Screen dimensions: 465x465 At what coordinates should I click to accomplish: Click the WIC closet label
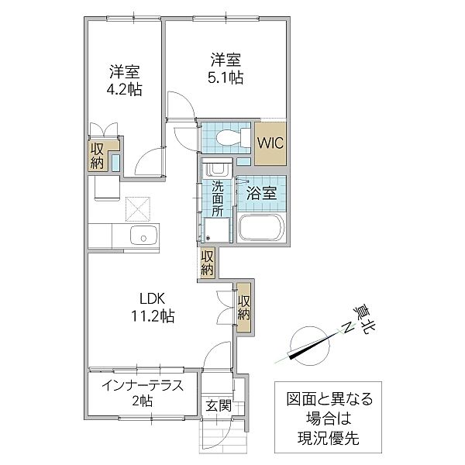point(271,143)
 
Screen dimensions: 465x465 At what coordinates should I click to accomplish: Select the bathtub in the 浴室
point(261,228)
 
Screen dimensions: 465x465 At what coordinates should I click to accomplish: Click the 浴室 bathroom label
point(262,193)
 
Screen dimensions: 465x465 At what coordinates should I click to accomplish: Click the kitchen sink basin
point(143,238)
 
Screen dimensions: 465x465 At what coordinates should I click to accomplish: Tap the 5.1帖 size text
point(226,77)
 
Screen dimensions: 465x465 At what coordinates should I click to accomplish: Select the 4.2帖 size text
point(123,91)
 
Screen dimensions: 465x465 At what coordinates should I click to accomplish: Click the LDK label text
point(153,298)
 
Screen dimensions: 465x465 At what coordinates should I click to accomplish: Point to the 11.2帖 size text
point(153,316)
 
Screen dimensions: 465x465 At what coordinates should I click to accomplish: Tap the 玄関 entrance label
point(218,405)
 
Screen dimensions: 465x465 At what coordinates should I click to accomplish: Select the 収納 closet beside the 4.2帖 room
point(98,155)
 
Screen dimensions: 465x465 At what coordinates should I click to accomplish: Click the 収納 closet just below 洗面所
point(208,263)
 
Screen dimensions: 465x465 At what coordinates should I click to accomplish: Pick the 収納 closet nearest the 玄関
point(244,307)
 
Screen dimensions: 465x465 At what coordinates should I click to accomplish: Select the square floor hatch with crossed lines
point(139,208)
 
